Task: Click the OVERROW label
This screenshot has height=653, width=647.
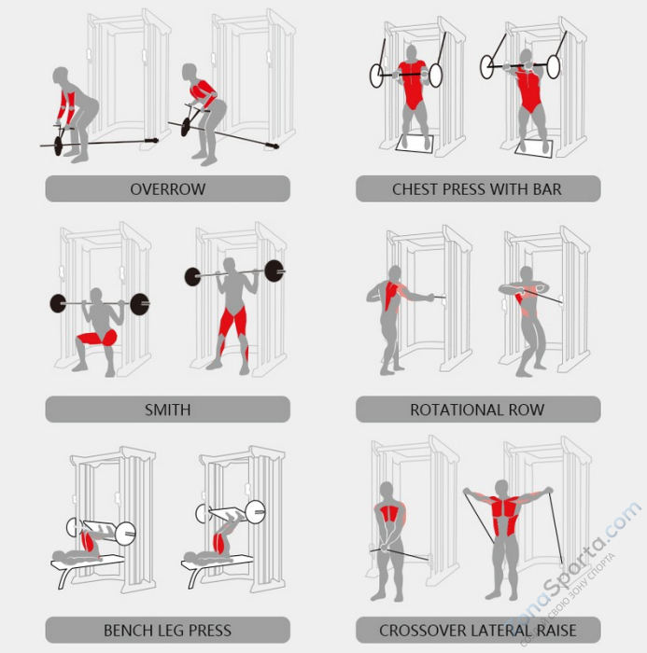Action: pyautogui.click(x=167, y=189)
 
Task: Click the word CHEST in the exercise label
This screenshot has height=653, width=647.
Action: pyautogui.click(x=414, y=189)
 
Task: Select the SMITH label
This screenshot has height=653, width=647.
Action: pyautogui.click(x=167, y=410)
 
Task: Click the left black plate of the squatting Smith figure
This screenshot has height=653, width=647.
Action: pyautogui.click(x=58, y=303)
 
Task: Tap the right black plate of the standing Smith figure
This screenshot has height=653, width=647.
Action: pyautogui.click(x=274, y=271)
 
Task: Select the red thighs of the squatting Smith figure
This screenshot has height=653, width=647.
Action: pyautogui.click(x=96, y=338)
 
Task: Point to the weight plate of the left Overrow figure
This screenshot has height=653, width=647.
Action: pyautogui.click(x=58, y=145)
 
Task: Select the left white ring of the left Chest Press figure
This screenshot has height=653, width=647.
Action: pyautogui.click(x=377, y=76)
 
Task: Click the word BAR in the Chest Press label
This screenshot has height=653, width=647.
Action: pyautogui.click(x=546, y=189)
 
